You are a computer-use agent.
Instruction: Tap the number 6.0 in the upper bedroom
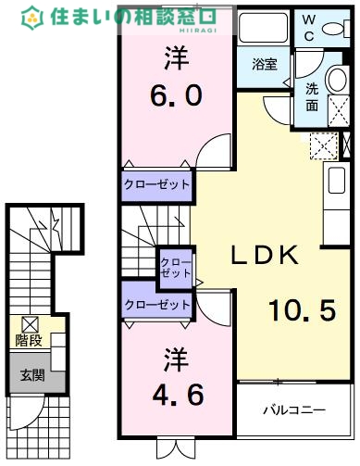pyautogui.click(x=176, y=95)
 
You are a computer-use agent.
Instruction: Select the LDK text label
pyautogui.click(x=263, y=256)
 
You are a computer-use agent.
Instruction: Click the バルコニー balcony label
pyautogui.click(x=292, y=408)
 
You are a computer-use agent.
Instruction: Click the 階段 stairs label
pyautogui.click(x=28, y=339)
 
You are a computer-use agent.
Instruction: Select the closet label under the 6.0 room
pyautogui.click(x=157, y=184)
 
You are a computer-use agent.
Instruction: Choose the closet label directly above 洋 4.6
pyautogui.click(x=157, y=304)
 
